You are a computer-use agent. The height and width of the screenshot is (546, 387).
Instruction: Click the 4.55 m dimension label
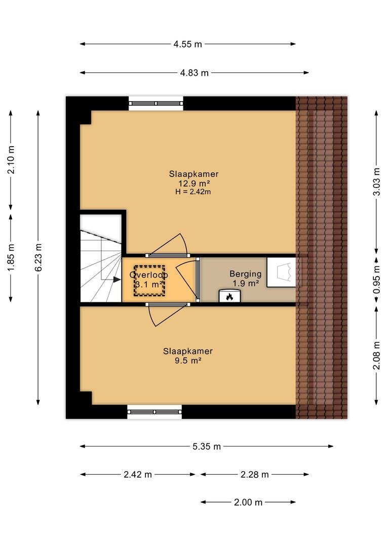(188, 44)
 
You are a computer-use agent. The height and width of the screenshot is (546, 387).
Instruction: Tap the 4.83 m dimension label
(195, 73)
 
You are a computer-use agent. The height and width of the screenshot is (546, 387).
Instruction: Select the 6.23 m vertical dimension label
(38, 257)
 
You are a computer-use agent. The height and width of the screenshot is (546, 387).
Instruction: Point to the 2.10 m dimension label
(11, 160)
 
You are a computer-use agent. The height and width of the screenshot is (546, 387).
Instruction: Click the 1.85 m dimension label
(11, 257)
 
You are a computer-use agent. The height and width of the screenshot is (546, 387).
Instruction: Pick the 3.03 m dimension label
(376, 182)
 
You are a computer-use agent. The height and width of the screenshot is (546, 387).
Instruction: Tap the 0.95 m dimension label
(376, 280)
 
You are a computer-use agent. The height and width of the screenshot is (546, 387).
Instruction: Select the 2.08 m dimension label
(376, 355)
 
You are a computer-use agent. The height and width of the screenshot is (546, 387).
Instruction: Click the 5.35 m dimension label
(207, 446)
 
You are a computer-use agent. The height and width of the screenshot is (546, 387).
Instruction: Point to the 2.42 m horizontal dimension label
(138, 474)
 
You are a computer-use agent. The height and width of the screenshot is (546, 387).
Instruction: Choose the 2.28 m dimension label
(255, 474)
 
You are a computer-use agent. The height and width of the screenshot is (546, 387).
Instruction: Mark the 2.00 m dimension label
(248, 502)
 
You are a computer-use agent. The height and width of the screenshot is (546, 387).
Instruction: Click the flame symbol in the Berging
(229, 297)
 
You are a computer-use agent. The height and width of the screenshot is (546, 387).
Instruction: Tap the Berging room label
(245, 274)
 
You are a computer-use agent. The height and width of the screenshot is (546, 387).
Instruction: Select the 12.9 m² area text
(194, 183)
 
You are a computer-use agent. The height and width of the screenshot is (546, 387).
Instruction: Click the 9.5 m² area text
(188, 360)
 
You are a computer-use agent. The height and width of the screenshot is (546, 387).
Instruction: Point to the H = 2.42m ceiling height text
(193, 192)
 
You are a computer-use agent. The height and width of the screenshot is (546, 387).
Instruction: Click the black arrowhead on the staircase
(117, 279)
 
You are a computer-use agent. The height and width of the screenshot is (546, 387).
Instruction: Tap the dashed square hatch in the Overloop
(149, 281)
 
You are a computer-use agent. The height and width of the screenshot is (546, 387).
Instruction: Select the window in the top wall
(156, 104)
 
